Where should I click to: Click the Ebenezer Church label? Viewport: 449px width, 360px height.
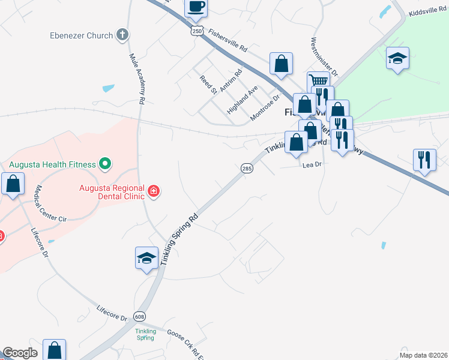click(x=81, y=35)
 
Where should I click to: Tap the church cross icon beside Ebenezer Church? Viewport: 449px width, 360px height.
click(x=122, y=35)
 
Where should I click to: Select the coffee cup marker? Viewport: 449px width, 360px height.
click(x=196, y=7)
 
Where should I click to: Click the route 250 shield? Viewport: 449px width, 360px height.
click(x=198, y=31)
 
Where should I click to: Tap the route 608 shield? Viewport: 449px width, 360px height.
click(x=140, y=316)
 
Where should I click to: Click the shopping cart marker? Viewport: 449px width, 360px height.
click(x=318, y=80)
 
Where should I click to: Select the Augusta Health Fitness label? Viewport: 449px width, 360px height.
click(x=52, y=164)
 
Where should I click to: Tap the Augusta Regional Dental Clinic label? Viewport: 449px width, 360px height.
click(x=112, y=191)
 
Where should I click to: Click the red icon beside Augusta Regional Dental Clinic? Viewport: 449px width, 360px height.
click(x=154, y=191)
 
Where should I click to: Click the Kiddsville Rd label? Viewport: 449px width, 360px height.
click(x=427, y=13)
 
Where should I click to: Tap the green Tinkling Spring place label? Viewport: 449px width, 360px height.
click(x=145, y=334)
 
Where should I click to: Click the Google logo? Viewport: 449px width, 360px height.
click(x=20, y=353)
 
